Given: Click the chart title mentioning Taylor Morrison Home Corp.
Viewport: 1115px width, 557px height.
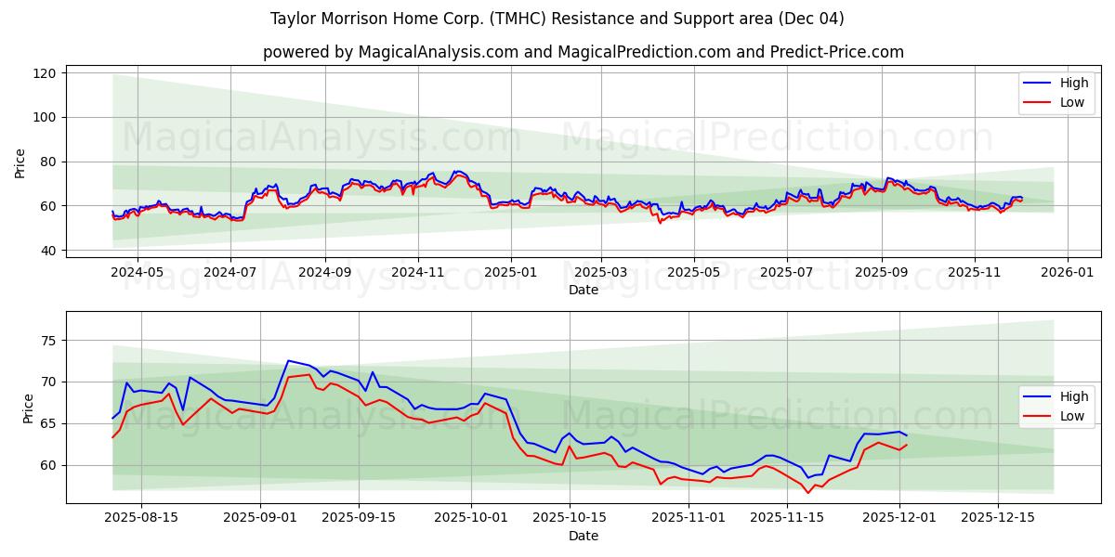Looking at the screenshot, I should pyautogui.click(x=557, y=19).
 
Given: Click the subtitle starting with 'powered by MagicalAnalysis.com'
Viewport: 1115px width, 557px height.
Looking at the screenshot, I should pyautogui.click(x=583, y=52).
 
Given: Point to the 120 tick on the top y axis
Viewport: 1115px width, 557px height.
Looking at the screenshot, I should pyautogui.click(x=46, y=73).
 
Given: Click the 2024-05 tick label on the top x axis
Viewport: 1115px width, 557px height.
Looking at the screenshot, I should pyautogui.click(x=138, y=273).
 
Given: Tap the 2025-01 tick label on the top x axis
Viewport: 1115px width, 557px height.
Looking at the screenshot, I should pyautogui.click(x=510, y=273).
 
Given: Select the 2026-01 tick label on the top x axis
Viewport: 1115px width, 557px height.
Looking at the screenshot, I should pyautogui.click(x=1067, y=273).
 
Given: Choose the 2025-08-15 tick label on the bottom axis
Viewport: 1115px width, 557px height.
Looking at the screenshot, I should pyautogui.click(x=141, y=518).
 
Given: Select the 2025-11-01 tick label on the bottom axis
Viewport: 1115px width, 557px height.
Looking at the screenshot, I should pyautogui.click(x=689, y=518).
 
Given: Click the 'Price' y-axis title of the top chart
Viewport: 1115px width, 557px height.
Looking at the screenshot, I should pyautogui.click(x=20, y=163).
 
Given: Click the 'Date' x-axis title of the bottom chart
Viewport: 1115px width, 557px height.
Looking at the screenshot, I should pyautogui.click(x=583, y=536).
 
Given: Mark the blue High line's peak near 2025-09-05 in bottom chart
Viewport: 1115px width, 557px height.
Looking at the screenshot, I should pyautogui.click(x=288, y=360).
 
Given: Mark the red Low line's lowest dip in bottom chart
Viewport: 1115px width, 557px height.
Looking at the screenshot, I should pyautogui.click(x=807, y=492).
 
